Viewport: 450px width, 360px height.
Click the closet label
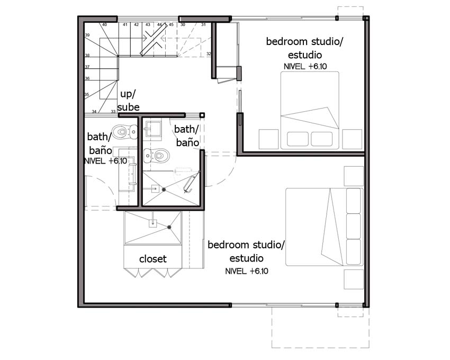(x=152, y=259)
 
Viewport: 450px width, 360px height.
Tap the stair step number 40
(x=104, y=25)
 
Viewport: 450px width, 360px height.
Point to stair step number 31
(x=203, y=25)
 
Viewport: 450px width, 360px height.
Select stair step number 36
(x=87, y=78)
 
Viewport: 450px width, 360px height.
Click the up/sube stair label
(x=128, y=101)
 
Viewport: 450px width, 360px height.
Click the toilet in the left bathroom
(x=124, y=132)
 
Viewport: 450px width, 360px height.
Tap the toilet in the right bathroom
(x=157, y=156)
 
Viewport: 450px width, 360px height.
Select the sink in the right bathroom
(x=152, y=129)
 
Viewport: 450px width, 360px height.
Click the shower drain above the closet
(x=169, y=227)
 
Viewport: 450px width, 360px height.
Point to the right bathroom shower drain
(x=164, y=190)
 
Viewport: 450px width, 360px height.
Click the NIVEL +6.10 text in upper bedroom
(x=305, y=66)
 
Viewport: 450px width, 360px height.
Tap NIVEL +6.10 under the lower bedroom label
(x=247, y=271)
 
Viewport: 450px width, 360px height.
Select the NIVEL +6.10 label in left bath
(x=105, y=161)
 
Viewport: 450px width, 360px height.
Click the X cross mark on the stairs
(x=154, y=39)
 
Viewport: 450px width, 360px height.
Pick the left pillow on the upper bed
(x=298, y=139)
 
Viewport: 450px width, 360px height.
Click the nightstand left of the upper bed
(x=269, y=139)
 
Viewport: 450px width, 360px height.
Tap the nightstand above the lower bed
(x=354, y=176)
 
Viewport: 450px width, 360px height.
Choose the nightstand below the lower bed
(x=354, y=280)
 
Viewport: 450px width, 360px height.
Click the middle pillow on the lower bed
(x=354, y=226)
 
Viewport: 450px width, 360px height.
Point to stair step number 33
(x=113, y=112)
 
